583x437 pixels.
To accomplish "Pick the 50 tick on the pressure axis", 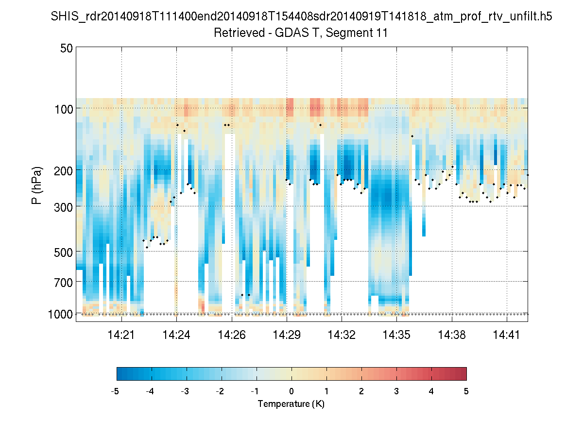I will click(67, 48).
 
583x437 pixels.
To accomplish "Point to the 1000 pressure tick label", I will click(61, 314).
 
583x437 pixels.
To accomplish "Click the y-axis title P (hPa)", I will click(37, 185).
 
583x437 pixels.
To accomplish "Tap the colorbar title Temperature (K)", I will click(291, 404).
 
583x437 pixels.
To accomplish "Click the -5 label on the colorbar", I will click(115, 391).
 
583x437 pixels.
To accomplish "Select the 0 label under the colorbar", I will click(291, 391).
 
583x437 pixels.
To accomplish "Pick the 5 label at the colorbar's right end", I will click(466, 391).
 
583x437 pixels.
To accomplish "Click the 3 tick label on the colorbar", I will click(396, 391).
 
